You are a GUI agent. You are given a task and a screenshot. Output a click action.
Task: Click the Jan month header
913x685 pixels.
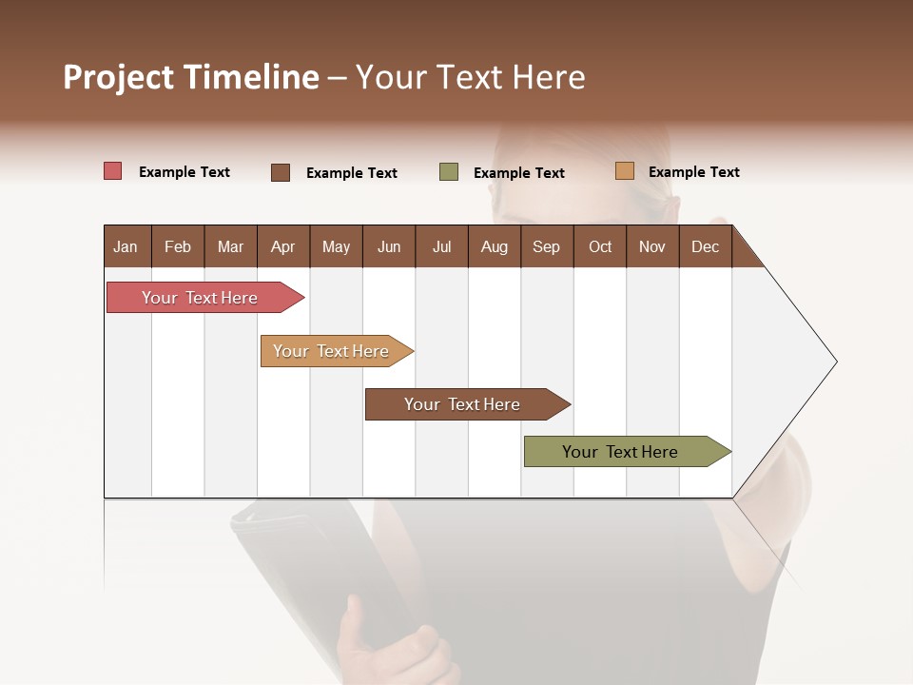126,247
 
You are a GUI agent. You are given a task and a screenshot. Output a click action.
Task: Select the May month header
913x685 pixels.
336,247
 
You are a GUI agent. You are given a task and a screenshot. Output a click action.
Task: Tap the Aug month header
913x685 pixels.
494,247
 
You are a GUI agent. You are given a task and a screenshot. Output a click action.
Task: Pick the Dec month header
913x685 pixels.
705,247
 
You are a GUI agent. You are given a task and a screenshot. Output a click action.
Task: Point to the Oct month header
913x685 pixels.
600,247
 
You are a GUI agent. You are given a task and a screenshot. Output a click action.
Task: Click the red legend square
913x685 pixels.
113,171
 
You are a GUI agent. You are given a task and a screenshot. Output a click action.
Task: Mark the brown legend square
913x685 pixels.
281,172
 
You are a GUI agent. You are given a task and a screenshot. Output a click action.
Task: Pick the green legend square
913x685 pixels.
449,172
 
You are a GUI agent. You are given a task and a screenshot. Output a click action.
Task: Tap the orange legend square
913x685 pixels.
625,171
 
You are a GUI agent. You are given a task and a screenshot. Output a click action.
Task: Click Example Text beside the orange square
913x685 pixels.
693,172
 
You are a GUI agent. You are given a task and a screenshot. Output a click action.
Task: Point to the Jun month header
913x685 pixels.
389,247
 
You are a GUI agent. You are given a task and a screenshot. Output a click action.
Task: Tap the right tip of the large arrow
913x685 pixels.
834,362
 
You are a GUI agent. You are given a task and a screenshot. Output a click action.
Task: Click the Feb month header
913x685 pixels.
178,247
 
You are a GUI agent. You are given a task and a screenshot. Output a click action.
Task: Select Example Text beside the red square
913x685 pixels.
185,172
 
